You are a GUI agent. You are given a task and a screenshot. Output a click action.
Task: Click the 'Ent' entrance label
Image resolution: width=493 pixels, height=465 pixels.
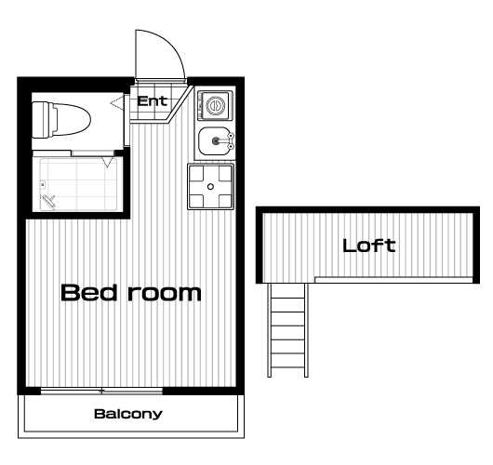153,101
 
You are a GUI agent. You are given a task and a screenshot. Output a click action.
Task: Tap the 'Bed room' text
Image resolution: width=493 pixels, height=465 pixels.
131,293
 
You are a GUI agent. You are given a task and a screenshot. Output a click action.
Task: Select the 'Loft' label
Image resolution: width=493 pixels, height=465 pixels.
368,246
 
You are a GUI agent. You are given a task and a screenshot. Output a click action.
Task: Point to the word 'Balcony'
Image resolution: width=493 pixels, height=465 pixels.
128,414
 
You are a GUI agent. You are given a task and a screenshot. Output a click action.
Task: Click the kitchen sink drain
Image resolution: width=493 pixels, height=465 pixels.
216,140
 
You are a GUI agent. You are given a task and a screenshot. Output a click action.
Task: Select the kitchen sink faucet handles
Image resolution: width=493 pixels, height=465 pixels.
231,140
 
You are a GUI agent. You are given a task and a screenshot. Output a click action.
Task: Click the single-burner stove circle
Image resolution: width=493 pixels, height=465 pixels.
216,105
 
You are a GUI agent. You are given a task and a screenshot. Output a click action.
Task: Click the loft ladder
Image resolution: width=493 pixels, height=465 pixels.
287,330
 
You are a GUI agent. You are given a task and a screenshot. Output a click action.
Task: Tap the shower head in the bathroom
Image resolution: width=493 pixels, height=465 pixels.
47,201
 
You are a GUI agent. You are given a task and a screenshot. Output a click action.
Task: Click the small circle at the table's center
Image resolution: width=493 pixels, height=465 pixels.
210,187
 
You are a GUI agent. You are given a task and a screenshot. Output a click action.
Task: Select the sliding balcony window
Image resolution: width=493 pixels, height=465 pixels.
101,392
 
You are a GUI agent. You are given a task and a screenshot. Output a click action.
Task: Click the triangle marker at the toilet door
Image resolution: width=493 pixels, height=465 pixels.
116,103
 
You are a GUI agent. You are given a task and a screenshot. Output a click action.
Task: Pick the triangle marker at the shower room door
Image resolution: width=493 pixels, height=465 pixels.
108,163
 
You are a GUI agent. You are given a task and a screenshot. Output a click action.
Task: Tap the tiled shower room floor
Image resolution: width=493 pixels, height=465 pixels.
78,184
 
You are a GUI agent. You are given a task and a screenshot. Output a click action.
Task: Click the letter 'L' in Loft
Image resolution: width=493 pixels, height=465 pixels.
349,246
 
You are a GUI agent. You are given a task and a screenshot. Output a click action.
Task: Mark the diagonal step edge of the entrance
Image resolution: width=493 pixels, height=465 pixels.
180,104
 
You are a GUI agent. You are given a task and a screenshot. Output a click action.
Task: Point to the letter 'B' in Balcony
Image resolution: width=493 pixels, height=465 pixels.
99,414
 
